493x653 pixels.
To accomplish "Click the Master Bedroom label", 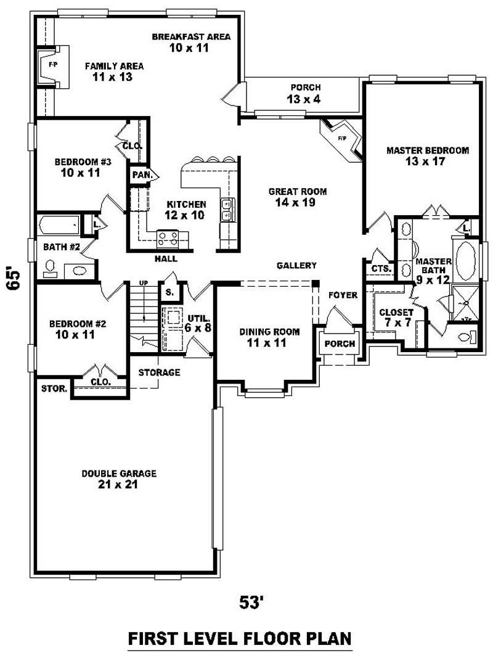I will [427, 150].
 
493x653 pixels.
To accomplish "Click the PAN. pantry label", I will [142, 175].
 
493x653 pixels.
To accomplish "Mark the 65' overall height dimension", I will [14, 279].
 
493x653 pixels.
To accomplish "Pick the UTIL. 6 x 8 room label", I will [199, 322].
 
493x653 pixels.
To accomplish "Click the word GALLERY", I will [296, 265].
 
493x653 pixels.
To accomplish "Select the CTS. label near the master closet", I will [379, 269].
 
